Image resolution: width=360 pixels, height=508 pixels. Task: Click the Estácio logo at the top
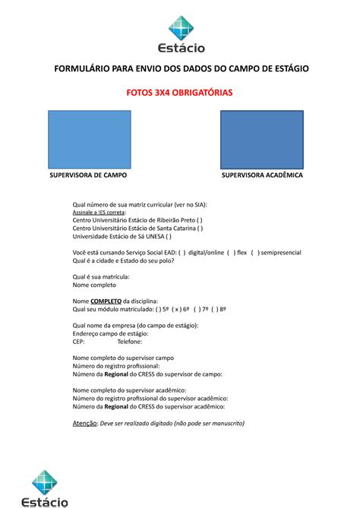[x=180, y=35]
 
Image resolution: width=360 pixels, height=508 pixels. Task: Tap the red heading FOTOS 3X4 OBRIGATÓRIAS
[x=180, y=92]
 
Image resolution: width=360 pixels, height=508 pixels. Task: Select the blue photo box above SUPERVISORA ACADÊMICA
[x=261, y=137]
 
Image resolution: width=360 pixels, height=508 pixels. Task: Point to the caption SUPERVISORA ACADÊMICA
[x=262, y=175]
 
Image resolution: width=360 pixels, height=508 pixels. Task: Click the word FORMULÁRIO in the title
[x=83, y=69]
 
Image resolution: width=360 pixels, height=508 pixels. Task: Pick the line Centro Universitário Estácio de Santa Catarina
[x=137, y=228]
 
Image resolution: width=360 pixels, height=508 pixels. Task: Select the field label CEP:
[x=78, y=342]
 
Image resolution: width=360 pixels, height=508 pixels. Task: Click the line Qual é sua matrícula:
[x=101, y=277]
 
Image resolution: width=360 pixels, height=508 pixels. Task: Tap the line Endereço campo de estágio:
[x=110, y=333]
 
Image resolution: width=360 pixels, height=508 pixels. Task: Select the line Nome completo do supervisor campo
[x=123, y=358]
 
